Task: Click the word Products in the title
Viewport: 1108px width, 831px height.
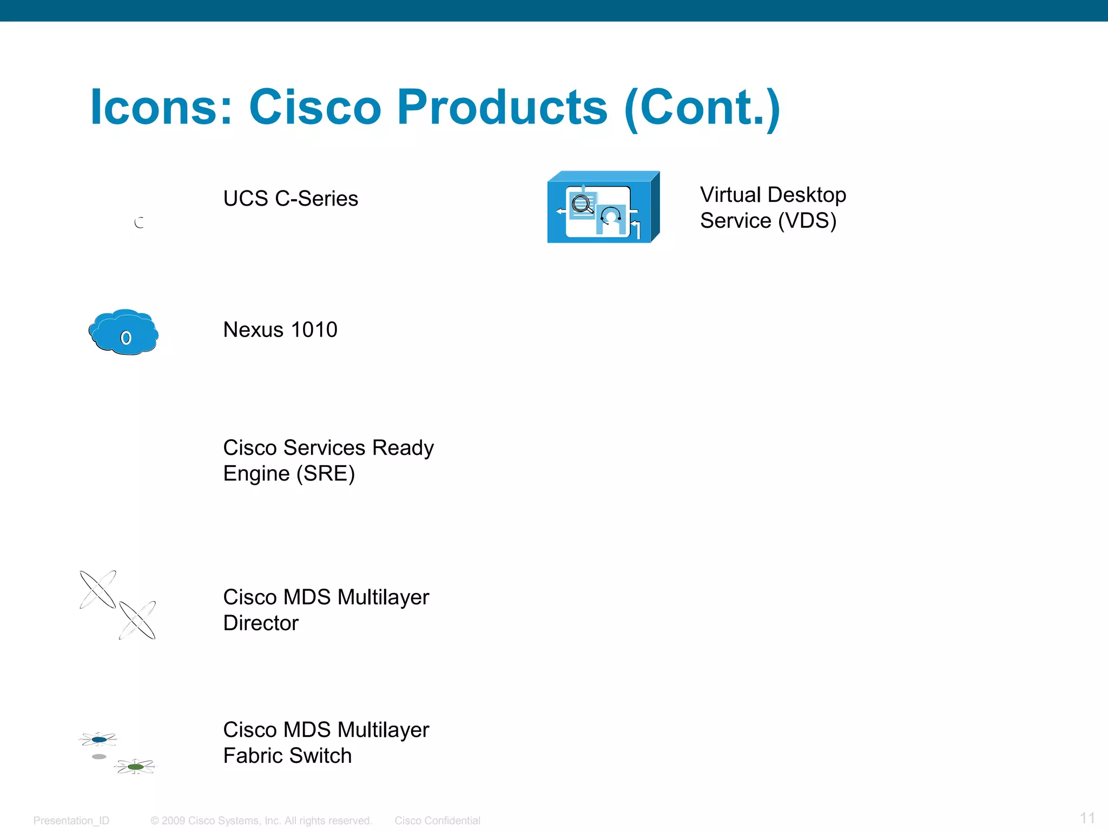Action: [502, 107]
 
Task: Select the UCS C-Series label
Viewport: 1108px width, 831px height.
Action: [291, 199]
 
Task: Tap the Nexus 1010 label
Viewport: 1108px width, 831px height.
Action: [280, 329]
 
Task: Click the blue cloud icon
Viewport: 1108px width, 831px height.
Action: [124, 332]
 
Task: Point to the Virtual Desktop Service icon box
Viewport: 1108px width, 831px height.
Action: [603, 208]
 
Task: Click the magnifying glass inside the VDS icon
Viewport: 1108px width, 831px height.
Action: [582, 205]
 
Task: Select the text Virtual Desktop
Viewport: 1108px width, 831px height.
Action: [773, 195]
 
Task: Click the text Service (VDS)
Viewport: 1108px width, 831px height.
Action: [768, 221]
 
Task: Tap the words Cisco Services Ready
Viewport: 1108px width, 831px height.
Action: [328, 448]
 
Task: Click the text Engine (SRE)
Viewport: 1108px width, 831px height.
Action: [289, 474]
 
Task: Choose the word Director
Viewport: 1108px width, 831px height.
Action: [261, 623]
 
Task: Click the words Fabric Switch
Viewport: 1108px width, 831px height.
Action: [287, 756]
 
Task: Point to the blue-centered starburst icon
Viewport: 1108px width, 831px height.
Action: [98, 739]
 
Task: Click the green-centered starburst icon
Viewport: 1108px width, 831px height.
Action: [135, 767]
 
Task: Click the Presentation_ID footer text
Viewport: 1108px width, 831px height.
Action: [71, 821]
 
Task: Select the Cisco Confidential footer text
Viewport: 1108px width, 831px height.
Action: [437, 821]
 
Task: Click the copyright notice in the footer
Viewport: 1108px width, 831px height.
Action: [261, 821]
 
